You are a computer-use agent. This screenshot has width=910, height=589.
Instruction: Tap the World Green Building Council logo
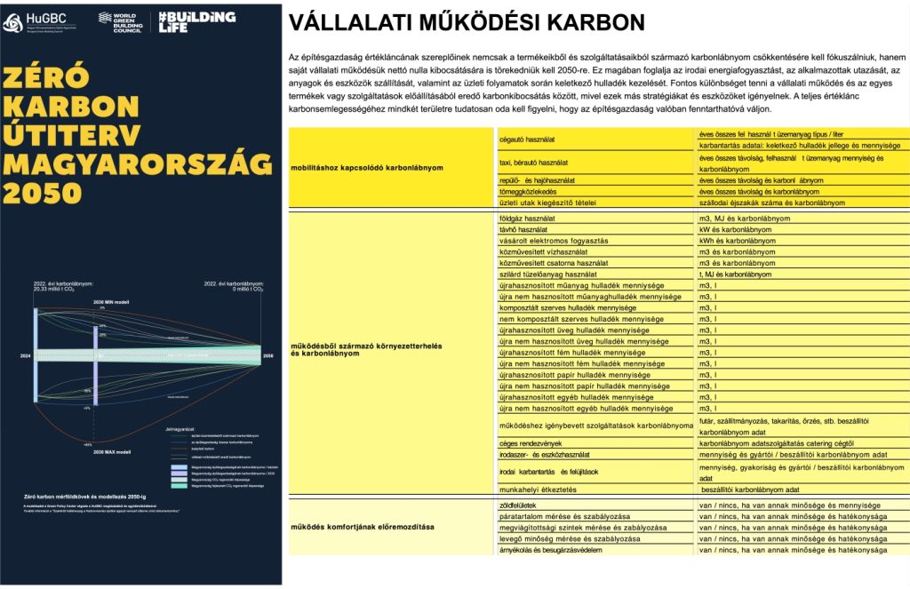[x=118, y=22]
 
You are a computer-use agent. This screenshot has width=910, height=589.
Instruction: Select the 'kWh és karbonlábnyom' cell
[x=738, y=241]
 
